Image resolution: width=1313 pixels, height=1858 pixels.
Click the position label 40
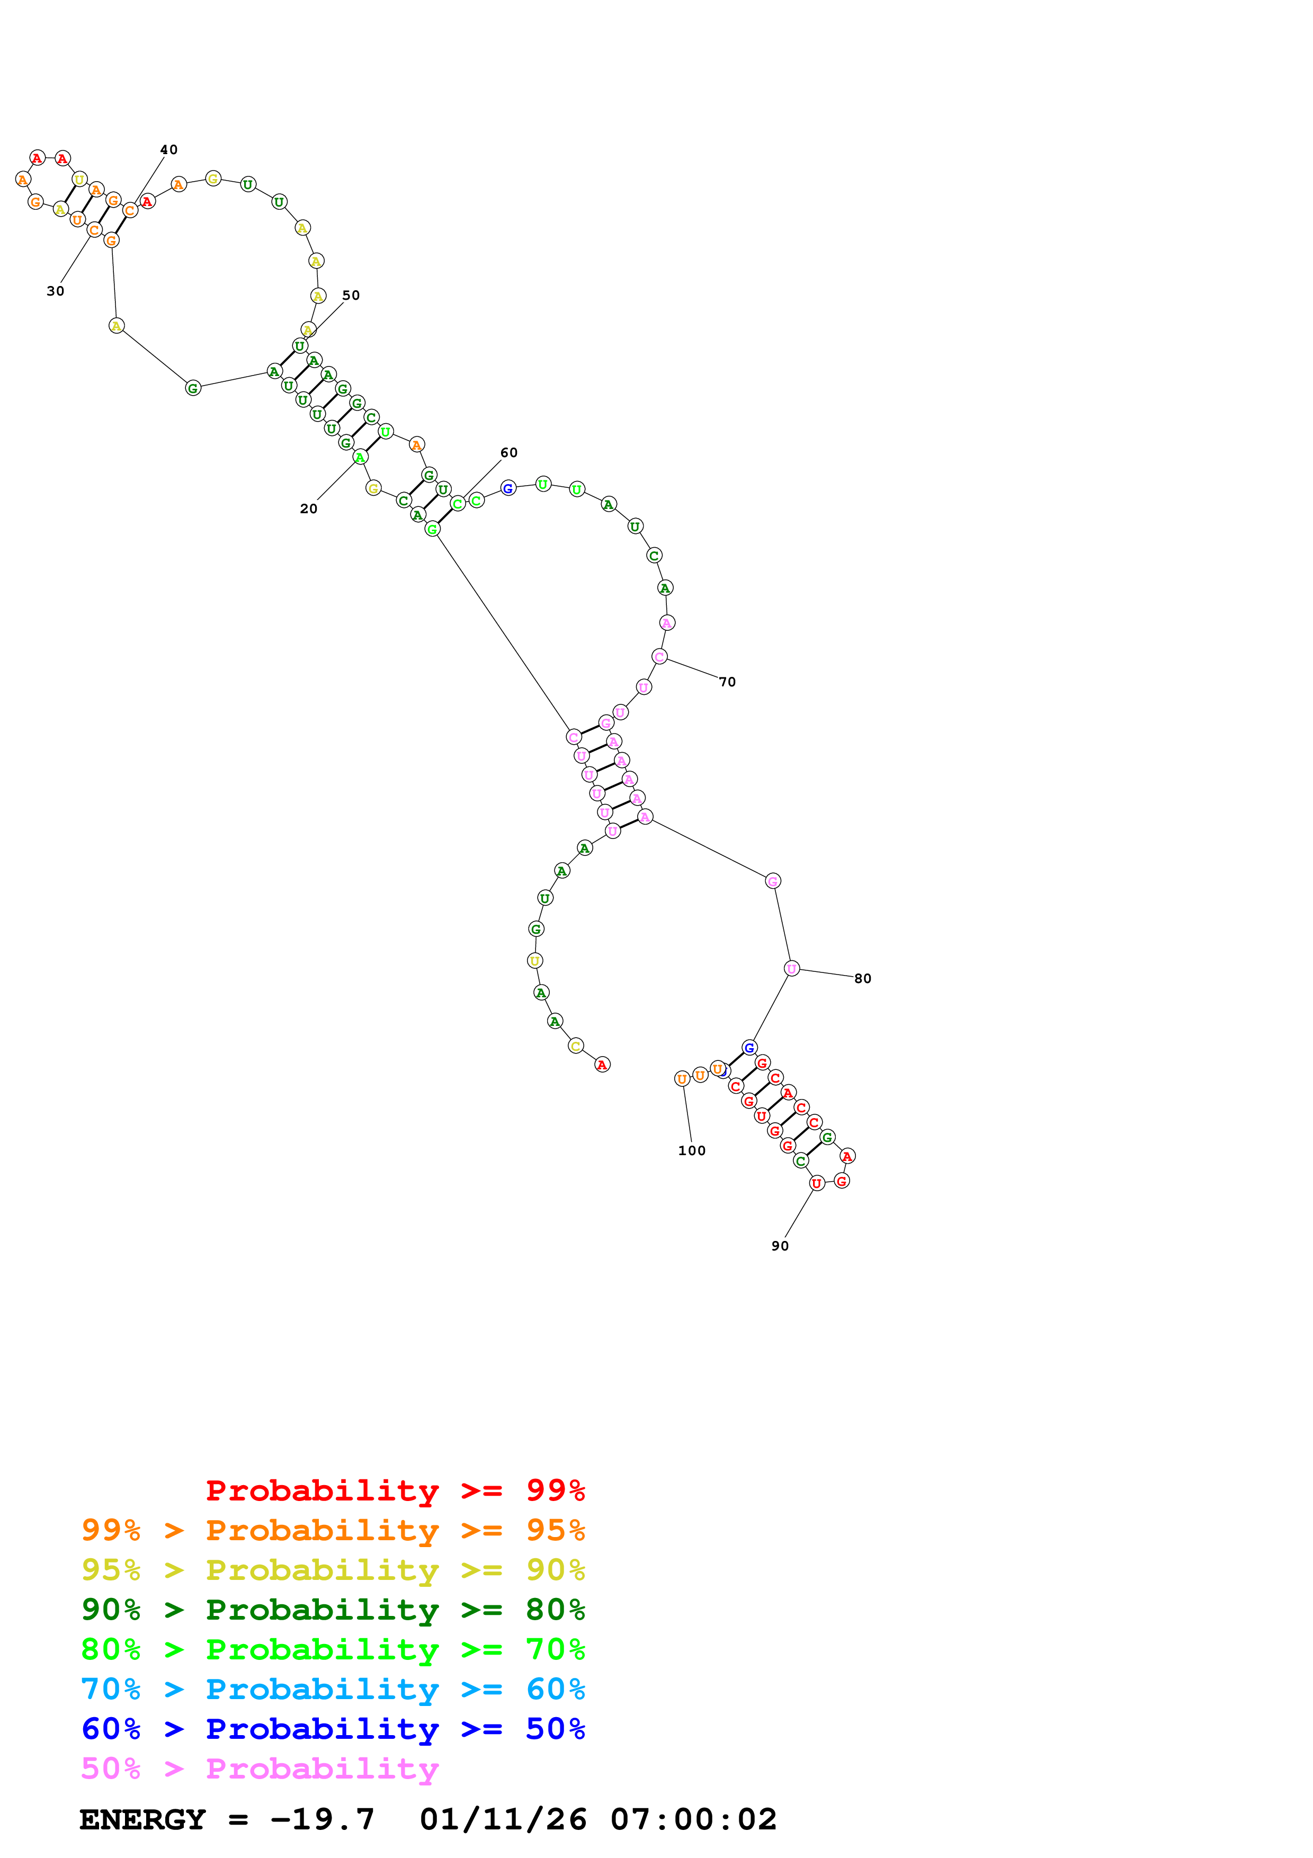[x=168, y=150]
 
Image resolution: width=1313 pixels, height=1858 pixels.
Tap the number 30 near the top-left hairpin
[x=55, y=291]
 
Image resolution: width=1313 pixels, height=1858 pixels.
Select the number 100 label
[x=692, y=1151]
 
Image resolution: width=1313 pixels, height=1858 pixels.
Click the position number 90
[x=780, y=1246]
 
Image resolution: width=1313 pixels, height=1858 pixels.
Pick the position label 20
[x=308, y=509]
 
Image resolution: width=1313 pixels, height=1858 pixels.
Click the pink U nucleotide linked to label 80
[x=791, y=969]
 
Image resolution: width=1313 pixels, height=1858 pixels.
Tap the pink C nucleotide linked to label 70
[x=659, y=656]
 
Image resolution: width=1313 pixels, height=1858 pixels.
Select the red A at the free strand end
[x=602, y=1065]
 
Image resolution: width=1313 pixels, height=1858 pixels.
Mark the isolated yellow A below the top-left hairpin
[x=117, y=326]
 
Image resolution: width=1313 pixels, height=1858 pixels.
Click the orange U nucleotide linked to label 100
[x=682, y=1079]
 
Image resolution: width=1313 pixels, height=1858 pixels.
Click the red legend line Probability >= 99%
[x=395, y=1490]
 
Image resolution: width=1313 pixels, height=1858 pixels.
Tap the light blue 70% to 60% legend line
[x=333, y=1689]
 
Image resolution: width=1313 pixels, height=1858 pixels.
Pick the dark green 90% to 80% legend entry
[x=333, y=1610]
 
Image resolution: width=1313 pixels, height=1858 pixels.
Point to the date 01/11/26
[x=503, y=1819]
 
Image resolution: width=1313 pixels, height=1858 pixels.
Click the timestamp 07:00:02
[x=693, y=1819]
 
